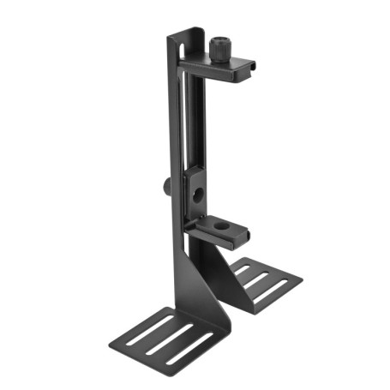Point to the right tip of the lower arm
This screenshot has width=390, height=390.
(x=248, y=233)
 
